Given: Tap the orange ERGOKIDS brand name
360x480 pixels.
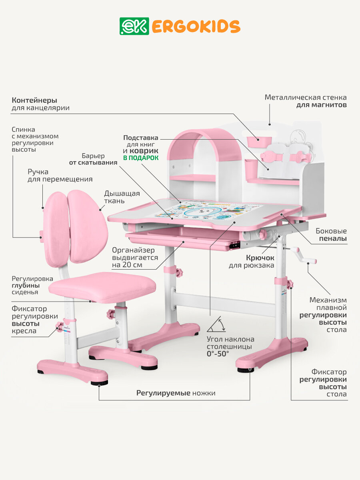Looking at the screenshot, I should coord(196,26).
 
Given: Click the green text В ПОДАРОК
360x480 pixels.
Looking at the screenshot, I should coord(140,158).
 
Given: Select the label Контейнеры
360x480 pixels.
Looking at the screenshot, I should coord(34,100).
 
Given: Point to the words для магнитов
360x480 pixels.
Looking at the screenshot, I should coord(321,105).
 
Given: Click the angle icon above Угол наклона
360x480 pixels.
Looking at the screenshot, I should coord(216,325).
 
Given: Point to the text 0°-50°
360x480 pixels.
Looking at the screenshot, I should coord(218,354).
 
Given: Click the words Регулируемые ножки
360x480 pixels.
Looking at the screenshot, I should coord(176,393).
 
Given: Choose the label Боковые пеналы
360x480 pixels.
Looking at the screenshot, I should coord(331,235).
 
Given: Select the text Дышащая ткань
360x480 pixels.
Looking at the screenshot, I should coord(122,198).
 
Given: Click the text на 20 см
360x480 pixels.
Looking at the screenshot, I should coord(127,265).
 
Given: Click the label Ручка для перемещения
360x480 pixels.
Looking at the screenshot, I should coord(60,176).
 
